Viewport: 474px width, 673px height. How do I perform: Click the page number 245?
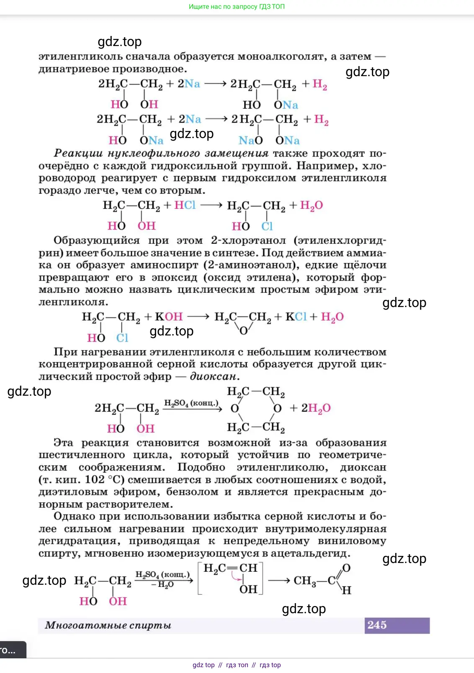point(377,625)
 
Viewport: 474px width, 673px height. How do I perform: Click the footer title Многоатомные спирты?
point(108,625)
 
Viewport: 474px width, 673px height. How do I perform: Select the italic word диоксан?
point(214,376)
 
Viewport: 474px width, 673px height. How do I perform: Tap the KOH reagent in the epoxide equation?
point(169,317)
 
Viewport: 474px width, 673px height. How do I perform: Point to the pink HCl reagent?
point(185,205)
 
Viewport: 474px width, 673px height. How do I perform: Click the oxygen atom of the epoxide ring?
point(243,330)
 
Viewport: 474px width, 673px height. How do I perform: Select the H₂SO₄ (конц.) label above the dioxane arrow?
point(191,403)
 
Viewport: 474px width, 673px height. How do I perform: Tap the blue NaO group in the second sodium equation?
point(250,141)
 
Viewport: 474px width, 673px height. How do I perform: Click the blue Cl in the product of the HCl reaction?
point(267,226)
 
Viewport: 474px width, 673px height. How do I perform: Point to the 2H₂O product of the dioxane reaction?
point(316,408)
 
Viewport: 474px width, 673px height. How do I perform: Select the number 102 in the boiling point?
point(95,479)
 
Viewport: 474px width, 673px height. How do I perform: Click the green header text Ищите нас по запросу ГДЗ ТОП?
point(237,7)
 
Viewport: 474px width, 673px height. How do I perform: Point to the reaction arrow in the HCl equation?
point(211,205)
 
